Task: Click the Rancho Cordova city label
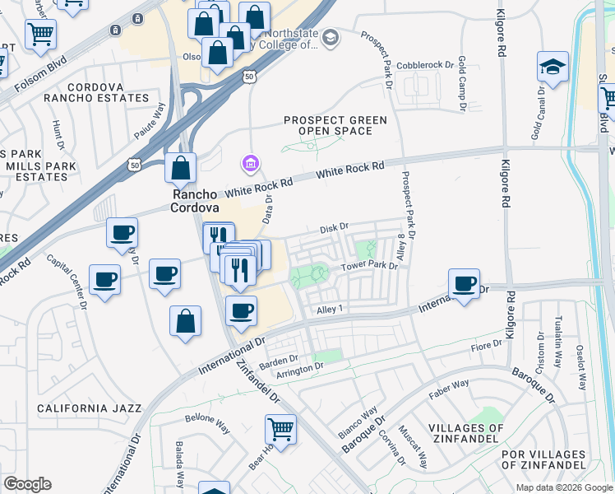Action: click(194, 201)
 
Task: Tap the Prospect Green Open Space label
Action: click(335, 125)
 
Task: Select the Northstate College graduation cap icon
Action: click(330, 37)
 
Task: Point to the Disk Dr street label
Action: click(334, 226)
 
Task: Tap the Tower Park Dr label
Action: click(370, 266)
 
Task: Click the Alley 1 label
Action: click(329, 308)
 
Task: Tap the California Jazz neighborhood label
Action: click(90, 408)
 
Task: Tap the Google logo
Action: click(27, 484)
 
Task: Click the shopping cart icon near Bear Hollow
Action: click(280, 429)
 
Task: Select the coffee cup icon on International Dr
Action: click(465, 284)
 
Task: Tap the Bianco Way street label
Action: click(357, 421)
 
